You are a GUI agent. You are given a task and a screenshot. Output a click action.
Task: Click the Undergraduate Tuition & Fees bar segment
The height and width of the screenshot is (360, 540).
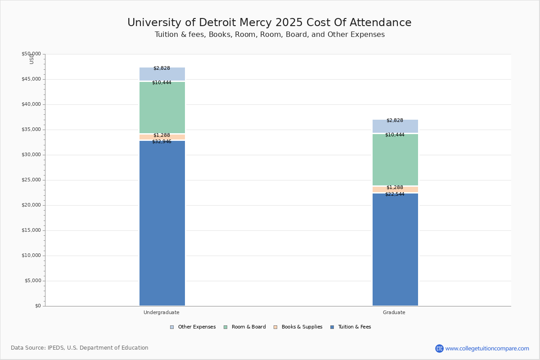(162, 225)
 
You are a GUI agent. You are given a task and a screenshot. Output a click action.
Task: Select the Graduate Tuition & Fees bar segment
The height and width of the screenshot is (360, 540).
(395, 250)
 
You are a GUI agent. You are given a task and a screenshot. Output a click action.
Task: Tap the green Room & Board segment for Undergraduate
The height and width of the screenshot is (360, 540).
(162, 108)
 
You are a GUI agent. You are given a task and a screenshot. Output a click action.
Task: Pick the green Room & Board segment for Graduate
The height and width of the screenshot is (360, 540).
(395, 160)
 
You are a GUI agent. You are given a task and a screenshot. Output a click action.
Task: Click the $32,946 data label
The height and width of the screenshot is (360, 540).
(162, 142)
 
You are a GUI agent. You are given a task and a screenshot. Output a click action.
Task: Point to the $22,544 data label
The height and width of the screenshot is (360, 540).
(395, 194)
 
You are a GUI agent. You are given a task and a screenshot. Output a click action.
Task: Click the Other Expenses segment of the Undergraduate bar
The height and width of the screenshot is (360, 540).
(162, 75)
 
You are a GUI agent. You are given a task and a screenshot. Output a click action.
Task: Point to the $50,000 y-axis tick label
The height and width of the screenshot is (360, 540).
(31, 54)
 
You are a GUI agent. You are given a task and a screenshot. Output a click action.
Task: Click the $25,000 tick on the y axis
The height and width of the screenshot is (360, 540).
(31, 180)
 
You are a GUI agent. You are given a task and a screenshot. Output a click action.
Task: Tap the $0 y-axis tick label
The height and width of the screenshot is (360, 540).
(38, 306)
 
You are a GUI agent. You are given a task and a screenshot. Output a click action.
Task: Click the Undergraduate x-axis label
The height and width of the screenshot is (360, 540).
(162, 312)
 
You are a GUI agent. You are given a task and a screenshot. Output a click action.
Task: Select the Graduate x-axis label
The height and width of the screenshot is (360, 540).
(394, 312)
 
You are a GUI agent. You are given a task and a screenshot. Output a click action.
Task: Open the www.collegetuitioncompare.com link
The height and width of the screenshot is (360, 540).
(487, 348)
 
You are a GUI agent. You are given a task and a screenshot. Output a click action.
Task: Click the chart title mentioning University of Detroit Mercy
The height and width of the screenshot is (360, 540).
(269, 23)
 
